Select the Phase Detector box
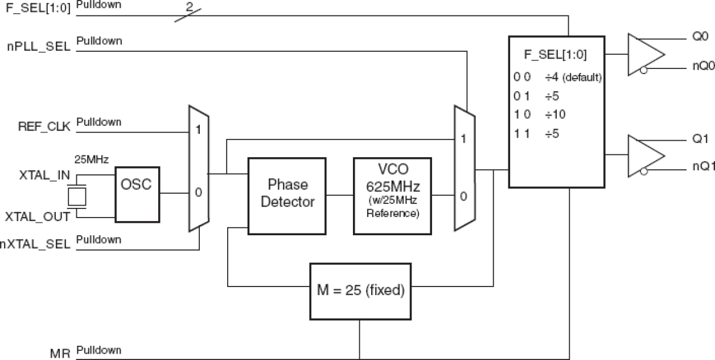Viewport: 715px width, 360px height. (x=287, y=193)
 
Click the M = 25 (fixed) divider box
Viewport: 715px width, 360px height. (x=360, y=291)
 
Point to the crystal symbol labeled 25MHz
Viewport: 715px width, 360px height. (x=76, y=197)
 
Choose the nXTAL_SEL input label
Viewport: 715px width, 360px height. (x=35, y=244)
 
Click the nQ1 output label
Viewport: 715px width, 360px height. (x=701, y=166)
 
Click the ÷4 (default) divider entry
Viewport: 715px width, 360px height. (x=572, y=77)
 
